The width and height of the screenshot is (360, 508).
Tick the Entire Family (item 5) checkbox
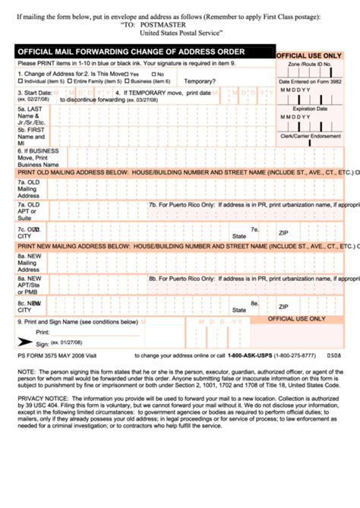click(x=71, y=80)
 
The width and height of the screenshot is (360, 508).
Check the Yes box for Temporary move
click(x=126, y=74)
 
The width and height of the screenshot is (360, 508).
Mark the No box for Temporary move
click(x=152, y=74)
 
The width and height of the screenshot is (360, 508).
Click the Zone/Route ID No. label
click(x=309, y=65)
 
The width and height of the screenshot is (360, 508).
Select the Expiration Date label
click(x=309, y=109)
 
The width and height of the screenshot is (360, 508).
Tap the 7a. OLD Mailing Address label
click(x=29, y=189)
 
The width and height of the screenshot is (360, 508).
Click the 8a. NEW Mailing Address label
click(x=29, y=263)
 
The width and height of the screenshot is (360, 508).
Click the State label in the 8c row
click(x=238, y=310)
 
